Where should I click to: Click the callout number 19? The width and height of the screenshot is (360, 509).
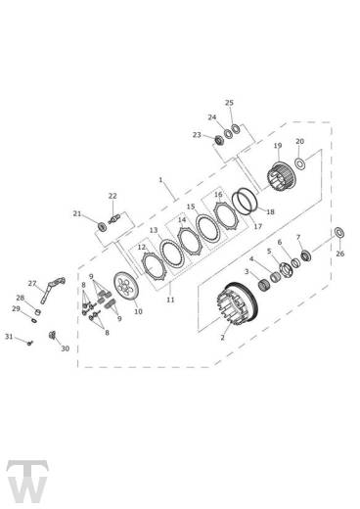[x=278, y=146]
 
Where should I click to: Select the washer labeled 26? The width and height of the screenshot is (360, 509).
[x=339, y=233]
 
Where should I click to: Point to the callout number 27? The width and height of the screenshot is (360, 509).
[x=32, y=284]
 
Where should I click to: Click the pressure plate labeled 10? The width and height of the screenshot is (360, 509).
[x=126, y=287]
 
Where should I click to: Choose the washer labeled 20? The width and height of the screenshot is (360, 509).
[x=299, y=162]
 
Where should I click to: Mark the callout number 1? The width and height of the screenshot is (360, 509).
[x=160, y=180]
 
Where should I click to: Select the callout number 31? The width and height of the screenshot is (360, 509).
[x=9, y=336]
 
